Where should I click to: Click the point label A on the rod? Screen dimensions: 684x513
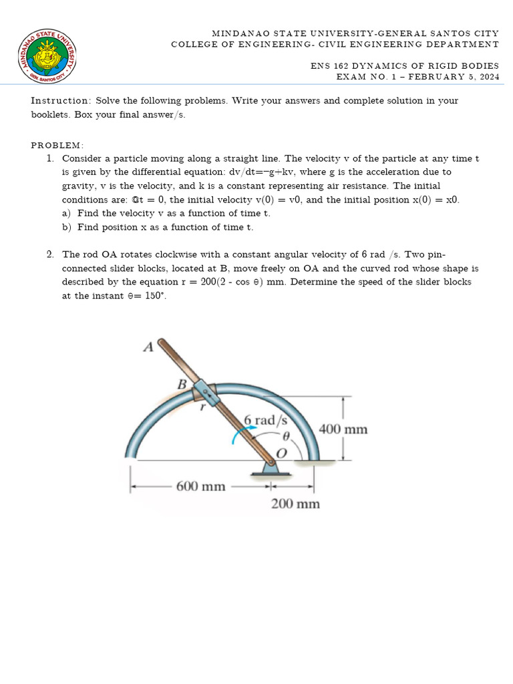pyautogui.click(x=148, y=346)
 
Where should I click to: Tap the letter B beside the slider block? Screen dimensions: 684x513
pyautogui.click(x=180, y=384)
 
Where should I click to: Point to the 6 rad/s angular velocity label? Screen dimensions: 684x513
pyautogui.click(x=265, y=420)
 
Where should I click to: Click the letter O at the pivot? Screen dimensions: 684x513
pyautogui.click(x=281, y=453)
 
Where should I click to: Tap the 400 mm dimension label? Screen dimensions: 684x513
pyautogui.click(x=343, y=429)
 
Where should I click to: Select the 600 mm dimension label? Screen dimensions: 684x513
pyautogui.click(x=200, y=486)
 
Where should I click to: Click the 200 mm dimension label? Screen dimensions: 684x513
pyautogui.click(x=295, y=504)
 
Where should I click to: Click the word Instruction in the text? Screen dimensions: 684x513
pyautogui.click(x=61, y=101)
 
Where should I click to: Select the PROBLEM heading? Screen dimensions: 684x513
pyautogui.click(x=57, y=145)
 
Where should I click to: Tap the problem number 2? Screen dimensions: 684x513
pyautogui.click(x=50, y=254)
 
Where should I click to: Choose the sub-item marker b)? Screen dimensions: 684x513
pyautogui.click(x=67, y=227)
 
